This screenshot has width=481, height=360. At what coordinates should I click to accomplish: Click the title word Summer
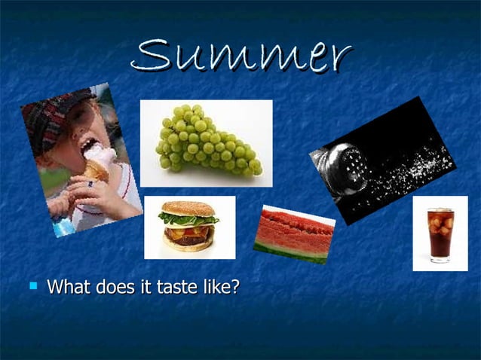(241, 56)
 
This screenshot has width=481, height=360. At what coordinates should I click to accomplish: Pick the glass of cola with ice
(440, 234)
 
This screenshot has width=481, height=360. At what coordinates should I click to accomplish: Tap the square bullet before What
(32, 286)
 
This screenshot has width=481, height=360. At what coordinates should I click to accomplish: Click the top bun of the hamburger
(188, 208)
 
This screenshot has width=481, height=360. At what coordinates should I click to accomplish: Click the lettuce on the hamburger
(188, 219)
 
